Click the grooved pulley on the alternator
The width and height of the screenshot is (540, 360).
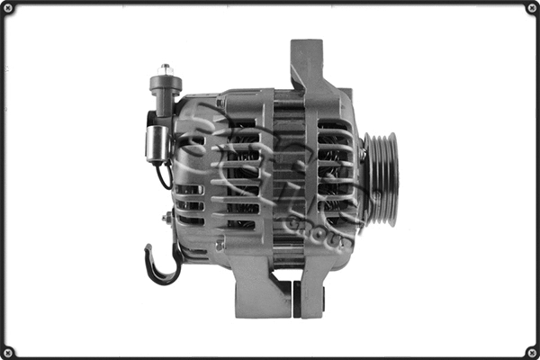pos(381,179)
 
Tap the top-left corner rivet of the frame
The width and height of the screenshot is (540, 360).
pos(8,8)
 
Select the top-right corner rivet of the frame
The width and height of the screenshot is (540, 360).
pos(531,8)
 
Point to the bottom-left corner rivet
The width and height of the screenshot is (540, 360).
pos(8,351)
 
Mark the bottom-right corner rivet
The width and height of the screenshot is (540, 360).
pos(531,351)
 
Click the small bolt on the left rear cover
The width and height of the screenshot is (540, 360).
pos(167,217)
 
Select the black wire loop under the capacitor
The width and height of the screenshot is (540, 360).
pos(162,175)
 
